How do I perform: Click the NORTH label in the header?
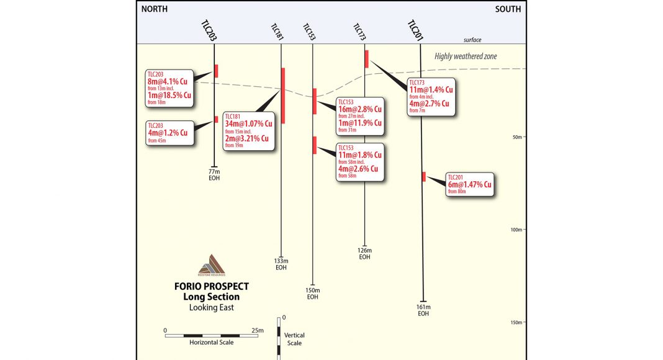point(158,9)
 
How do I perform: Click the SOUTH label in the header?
point(508,9)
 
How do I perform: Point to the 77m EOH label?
point(214,174)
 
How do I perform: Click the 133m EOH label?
point(281,264)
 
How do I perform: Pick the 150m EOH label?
point(312,294)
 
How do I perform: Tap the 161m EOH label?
point(423,310)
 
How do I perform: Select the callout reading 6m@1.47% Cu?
point(470,184)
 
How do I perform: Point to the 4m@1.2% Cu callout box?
point(168,133)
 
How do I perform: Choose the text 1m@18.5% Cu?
point(169,97)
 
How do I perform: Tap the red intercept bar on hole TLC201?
point(423,176)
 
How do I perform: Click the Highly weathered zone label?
point(466,56)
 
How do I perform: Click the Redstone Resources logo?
point(212,264)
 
